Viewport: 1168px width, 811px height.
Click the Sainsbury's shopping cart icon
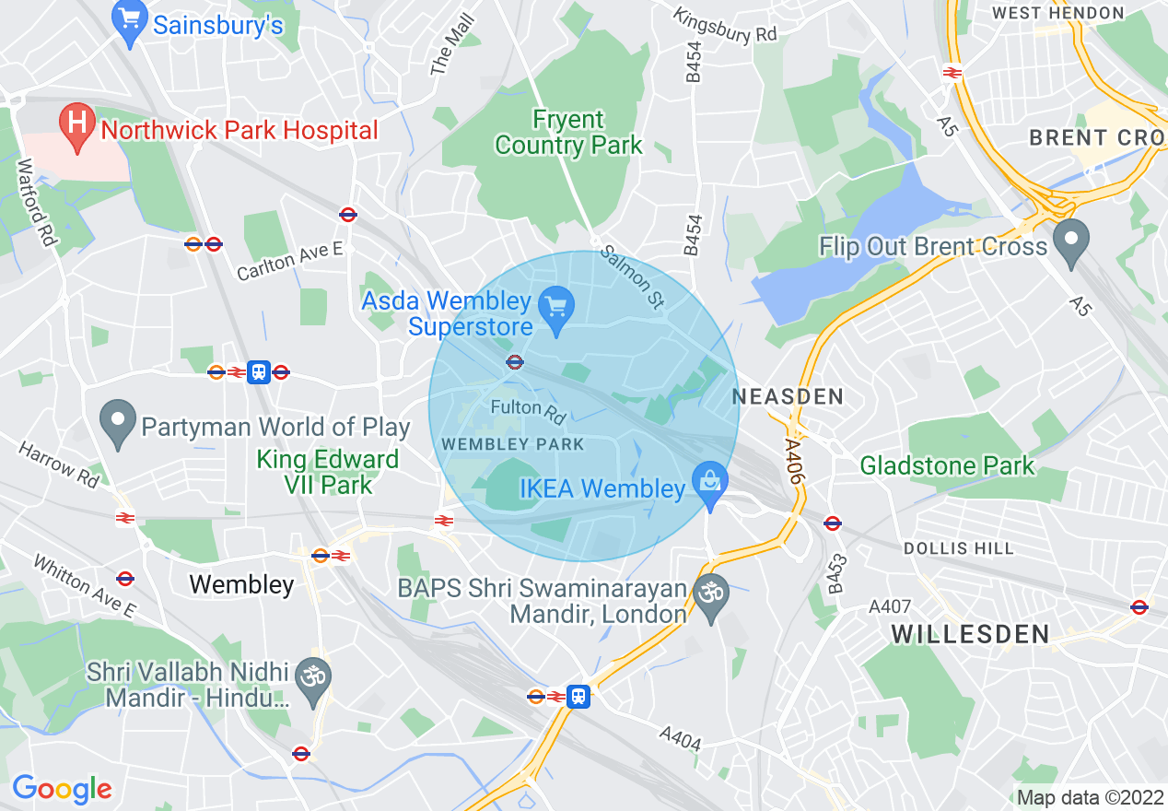(130, 23)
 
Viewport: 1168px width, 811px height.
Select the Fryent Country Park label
(568, 133)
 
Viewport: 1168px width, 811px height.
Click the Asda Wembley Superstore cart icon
(556, 304)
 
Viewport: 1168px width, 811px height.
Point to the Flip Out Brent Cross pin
(1070, 241)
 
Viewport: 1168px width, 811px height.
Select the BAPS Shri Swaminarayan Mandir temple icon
(710, 591)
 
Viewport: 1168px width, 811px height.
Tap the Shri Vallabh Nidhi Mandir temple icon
(315, 678)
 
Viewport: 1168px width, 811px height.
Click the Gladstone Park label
(947, 466)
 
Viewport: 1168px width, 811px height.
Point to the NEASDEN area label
(788, 397)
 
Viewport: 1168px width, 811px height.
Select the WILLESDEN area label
(971, 634)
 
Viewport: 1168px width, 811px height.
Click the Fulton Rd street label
(529, 410)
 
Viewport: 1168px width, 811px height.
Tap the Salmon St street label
(632, 275)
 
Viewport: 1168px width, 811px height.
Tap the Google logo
(62, 789)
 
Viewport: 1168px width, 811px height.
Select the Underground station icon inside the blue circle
(515, 362)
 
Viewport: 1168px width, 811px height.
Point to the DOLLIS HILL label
(958, 548)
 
